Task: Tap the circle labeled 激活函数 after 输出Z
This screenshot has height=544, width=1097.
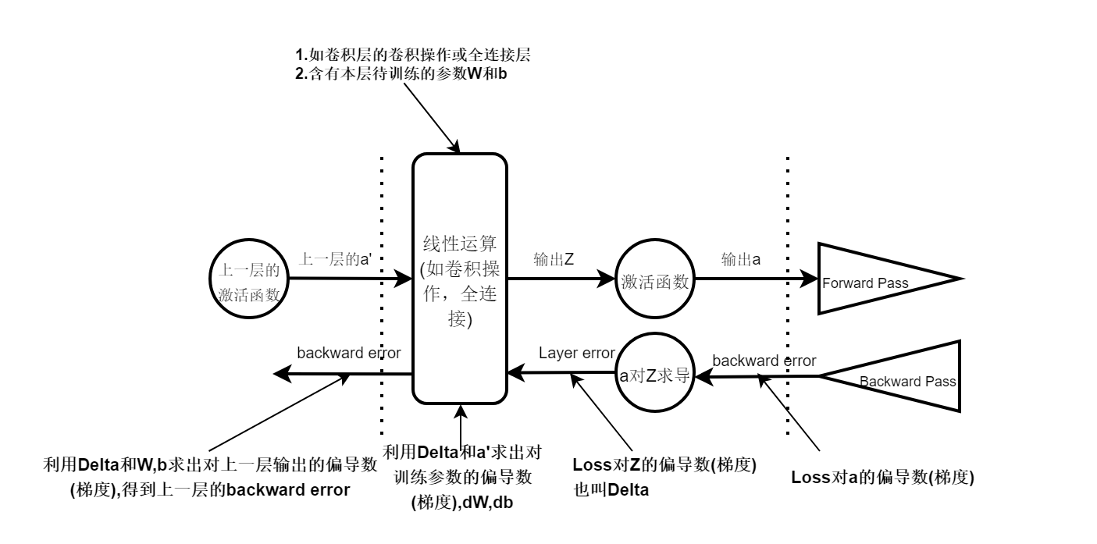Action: (654, 281)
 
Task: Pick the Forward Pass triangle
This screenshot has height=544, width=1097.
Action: (874, 279)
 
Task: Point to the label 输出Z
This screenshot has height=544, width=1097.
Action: (554, 259)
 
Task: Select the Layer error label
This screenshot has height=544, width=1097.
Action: (577, 353)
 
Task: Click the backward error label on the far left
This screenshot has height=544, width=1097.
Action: (348, 353)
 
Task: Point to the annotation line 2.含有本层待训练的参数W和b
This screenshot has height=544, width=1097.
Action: (405, 73)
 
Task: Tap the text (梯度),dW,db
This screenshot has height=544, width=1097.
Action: (463, 503)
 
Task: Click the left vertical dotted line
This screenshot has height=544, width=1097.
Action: (381, 297)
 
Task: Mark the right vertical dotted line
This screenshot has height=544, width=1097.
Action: (787, 297)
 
